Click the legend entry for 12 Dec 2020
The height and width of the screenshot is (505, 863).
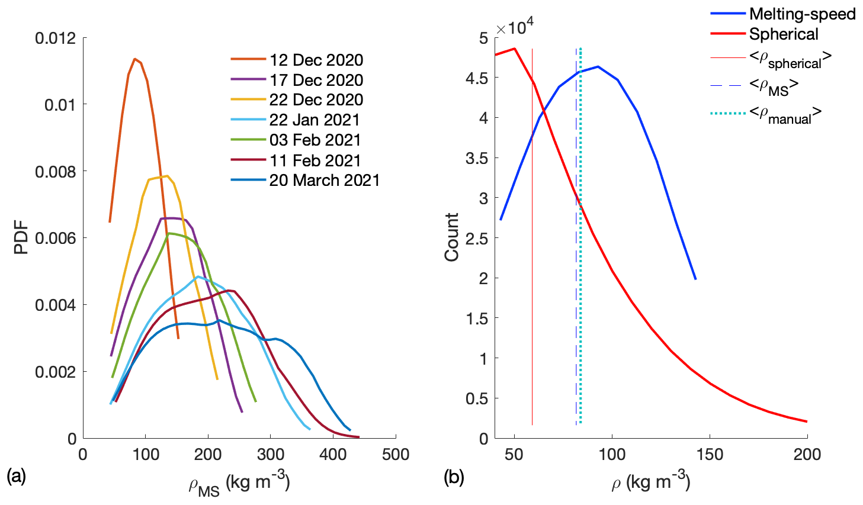click(x=316, y=60)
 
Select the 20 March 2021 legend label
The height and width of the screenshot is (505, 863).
click(x=324, y=180)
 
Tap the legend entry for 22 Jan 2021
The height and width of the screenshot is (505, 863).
click(x=315, y=120)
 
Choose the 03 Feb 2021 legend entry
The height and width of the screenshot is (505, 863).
click(x=315, y=140)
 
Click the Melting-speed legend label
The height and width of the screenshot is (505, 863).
click(x=802, y=14)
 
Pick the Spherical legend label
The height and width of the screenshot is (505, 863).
click(x=783, y=34)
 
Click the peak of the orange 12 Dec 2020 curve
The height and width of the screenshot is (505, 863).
click(x=135, y=59)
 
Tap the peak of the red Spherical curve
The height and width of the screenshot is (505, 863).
click(x=515, y=49)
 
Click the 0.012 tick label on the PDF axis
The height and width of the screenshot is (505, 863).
click(x=56, y=38)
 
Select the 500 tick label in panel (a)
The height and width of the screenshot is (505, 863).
click(x=396, y=455)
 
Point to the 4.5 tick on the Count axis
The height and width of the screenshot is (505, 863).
click(x=476, y=78)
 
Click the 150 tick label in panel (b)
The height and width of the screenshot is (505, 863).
click(x=710, y=455)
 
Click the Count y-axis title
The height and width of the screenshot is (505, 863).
click(x=452, y=237)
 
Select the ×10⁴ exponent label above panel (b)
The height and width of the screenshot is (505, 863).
click(x=515, y=27)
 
